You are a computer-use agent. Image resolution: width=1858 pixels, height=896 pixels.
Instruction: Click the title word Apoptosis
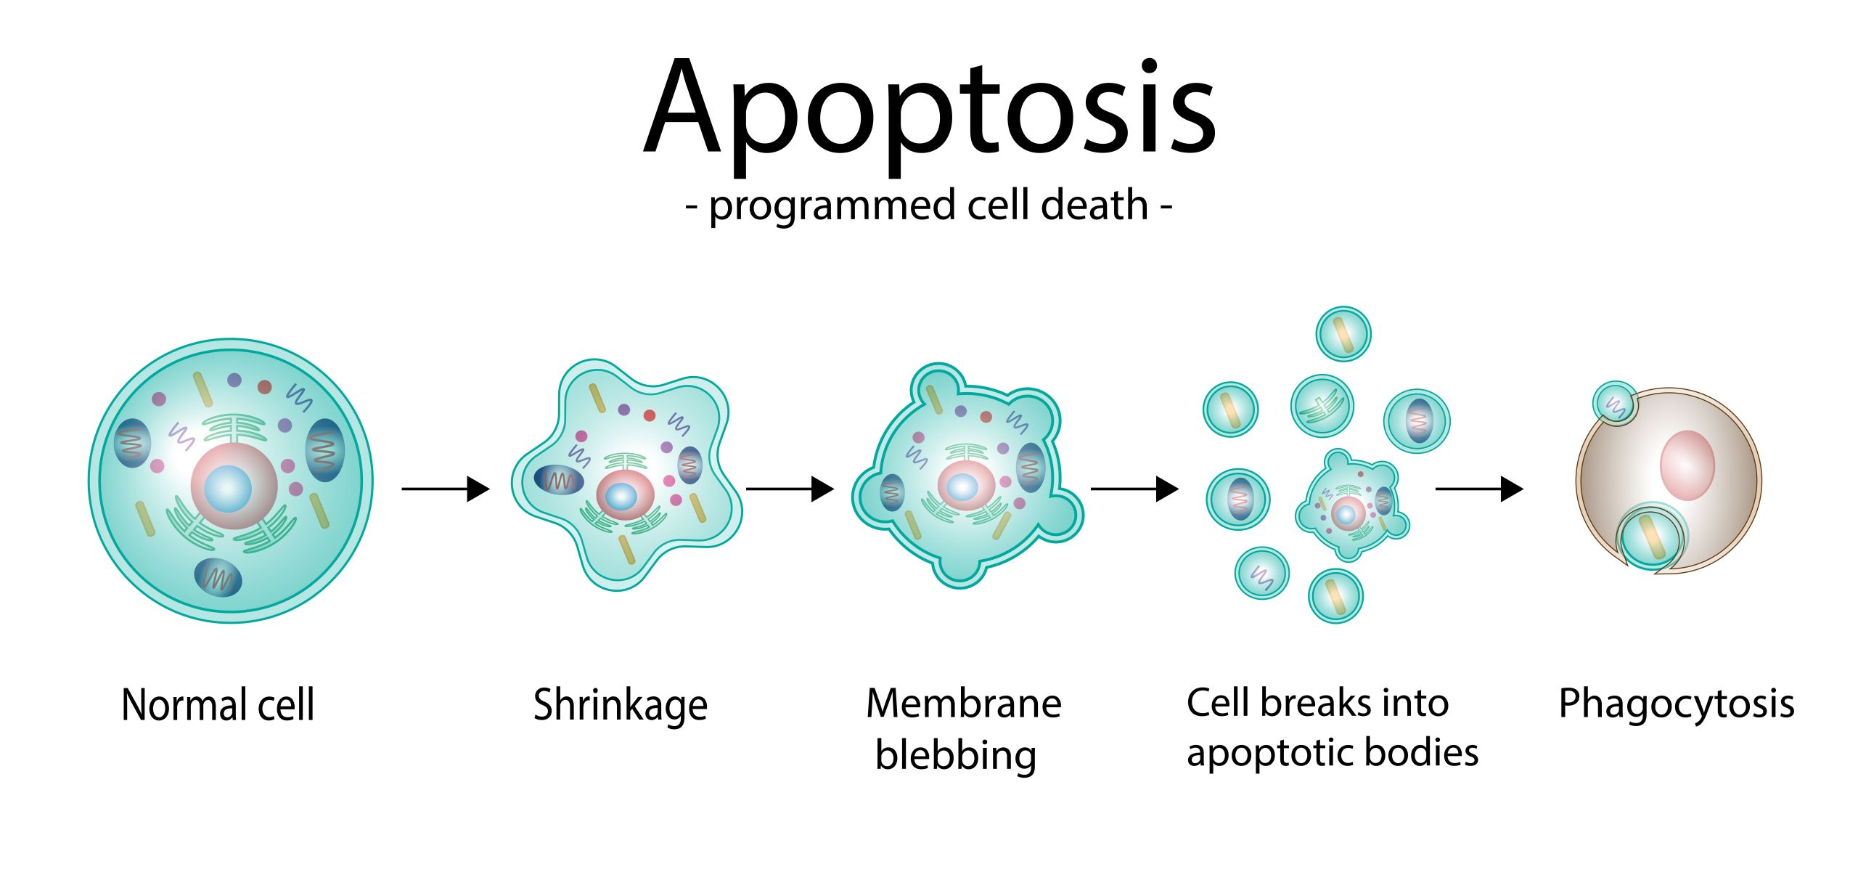[930, 116]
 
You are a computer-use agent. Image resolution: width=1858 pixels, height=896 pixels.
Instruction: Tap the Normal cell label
[218, 704]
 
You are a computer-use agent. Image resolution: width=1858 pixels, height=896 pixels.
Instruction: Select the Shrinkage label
[621, 706]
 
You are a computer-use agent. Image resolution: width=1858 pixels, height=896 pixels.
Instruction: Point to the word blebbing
[956, 756]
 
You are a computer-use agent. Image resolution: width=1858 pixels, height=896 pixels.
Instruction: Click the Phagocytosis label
[1677, 704]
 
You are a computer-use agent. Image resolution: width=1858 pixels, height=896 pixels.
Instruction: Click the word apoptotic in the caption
[1269, 754]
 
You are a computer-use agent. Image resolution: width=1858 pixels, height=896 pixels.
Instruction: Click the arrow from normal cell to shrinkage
[446, 489]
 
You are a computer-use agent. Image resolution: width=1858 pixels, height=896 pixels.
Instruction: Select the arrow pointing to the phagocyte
[1479, 489]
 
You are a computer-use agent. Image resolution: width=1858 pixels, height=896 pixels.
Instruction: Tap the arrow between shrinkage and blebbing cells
[790, 489]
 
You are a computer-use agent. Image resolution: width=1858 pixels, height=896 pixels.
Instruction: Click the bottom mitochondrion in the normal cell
[218, 577]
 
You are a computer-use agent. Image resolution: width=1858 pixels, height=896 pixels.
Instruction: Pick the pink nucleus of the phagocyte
[1687, 465]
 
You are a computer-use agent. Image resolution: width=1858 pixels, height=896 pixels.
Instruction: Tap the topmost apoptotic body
[1343, 334]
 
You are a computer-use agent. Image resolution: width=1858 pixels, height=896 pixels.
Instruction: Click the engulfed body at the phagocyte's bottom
[1651, 539]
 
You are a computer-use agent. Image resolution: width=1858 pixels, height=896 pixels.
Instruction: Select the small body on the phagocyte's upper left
[1615, 403]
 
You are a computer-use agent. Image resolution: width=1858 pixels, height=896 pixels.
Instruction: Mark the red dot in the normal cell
[265, 387]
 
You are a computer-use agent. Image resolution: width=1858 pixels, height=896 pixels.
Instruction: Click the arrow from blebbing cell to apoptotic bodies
[1135, 489]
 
